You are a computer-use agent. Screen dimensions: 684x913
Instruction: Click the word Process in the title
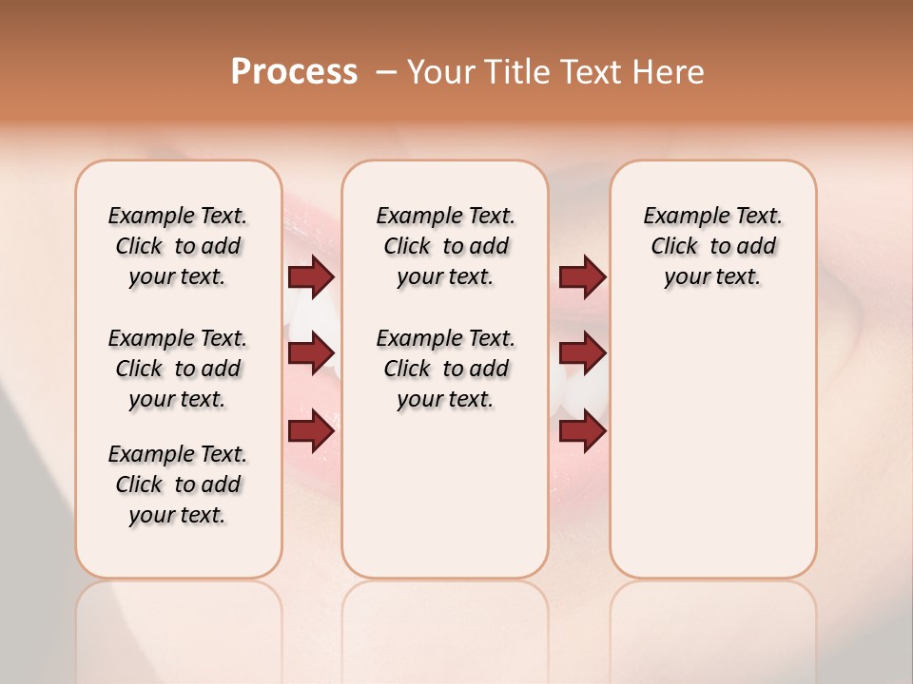(x=294, y=71)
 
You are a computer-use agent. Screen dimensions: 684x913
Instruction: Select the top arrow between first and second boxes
(x=311, y=277)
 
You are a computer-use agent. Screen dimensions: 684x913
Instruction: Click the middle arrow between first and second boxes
(x=311, y=354)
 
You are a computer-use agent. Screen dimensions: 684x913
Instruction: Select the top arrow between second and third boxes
(x=582, y=277)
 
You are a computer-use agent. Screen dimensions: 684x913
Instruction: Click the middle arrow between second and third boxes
(x=582, y=354)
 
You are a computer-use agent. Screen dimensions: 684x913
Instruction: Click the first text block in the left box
(x=178, y=246)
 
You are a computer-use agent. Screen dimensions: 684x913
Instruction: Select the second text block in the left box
(x=178, y=369)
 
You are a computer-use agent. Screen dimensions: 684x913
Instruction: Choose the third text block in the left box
(x=178, y=484)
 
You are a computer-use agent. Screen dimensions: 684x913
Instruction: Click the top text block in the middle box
(x=445, y=246)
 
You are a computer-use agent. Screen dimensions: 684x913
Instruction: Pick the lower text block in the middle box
(x=445, y=369)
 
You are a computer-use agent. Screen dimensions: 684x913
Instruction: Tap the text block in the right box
(x=712, y=246)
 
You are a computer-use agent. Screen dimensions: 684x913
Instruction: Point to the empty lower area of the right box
(x=712, y=446)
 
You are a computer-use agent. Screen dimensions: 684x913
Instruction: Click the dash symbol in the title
(x=386, y=72)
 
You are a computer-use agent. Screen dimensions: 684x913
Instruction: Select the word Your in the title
(x=440, y=72)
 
